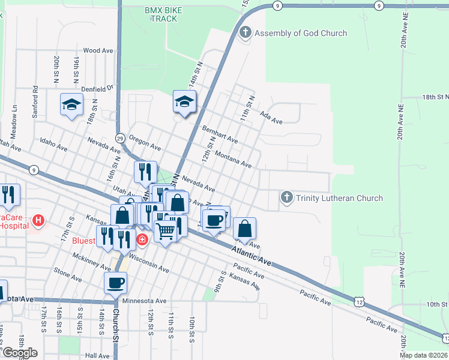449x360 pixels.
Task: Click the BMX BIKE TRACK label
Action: [x=161, y=14]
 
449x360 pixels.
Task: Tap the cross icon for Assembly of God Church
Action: [x=244, y=32]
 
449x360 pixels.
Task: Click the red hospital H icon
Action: [x=39, y=221]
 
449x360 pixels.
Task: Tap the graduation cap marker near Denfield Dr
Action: [x=71, y=105]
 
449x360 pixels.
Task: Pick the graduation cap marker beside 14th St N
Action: [x=185, y=101]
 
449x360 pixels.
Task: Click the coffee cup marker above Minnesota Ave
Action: [x=116, y=283]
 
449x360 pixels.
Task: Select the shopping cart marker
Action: [x=166, y=230]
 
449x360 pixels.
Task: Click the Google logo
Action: [x=20, y=353]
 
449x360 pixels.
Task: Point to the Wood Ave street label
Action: [x=99, y=51]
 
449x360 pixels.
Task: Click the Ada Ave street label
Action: [x=271, y=117]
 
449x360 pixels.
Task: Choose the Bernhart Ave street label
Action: [x=220, y=134]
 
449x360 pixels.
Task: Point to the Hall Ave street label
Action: [x=97, y=355]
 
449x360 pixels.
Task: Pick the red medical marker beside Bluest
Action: [x=142, y=241]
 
